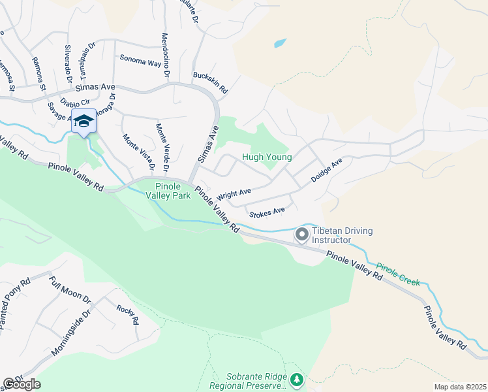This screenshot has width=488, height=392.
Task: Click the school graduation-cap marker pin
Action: point(84,122)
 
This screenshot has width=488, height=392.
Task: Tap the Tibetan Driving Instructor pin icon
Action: point(302,233)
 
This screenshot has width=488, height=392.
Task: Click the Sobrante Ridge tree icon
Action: point(297,379)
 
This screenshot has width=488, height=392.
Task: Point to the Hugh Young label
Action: point(266,157)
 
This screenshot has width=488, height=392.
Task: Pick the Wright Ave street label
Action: point(234,194)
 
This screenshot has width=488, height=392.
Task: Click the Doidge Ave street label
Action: point(326,171)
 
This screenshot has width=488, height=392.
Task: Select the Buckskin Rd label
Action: point(209,82)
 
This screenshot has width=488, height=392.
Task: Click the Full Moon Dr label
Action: point(70,289)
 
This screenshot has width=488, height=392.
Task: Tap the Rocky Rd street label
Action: point(127,315)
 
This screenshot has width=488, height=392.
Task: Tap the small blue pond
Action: point(279,44)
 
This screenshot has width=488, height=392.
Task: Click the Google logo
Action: point(22,384)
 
